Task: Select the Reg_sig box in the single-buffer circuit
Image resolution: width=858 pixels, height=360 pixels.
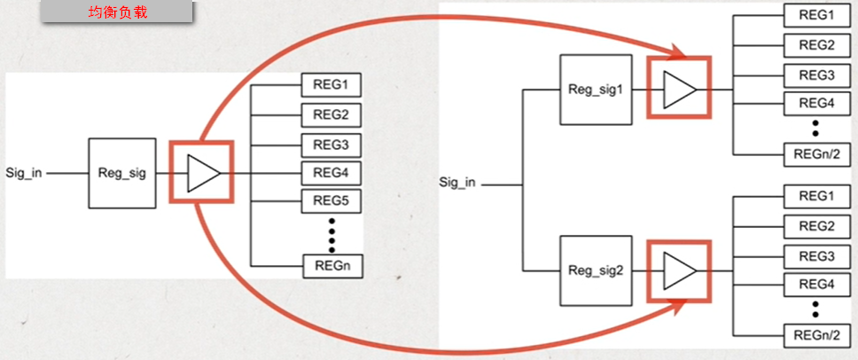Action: point(121,173)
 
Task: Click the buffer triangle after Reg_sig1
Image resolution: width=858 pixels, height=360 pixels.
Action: point(680,89)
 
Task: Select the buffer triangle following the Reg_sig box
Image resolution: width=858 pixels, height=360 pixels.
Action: point(201,173)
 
